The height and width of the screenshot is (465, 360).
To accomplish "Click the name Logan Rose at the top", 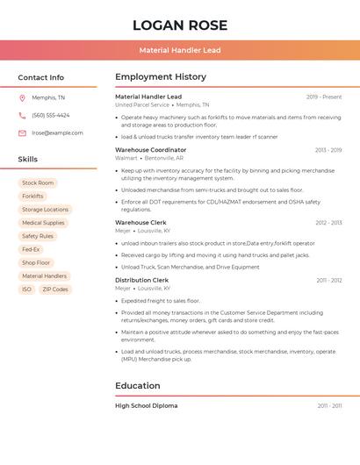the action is coord(180,25).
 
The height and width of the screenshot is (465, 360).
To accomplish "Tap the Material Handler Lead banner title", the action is coord(180,51).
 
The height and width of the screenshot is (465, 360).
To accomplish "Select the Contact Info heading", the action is coord(41,77).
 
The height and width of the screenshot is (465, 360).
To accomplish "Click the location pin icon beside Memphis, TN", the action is coord(22,97).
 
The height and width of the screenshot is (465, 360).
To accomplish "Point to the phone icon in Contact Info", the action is coord(22,115).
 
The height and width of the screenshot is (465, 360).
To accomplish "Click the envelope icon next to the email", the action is coord(22,133).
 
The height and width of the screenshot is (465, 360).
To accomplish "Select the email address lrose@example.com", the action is coord(57,133).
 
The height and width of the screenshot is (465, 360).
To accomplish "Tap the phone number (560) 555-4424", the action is coord(50,115).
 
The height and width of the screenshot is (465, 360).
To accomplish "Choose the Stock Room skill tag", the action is coord(38,182).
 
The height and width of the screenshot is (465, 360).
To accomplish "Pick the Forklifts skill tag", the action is coord(32,197).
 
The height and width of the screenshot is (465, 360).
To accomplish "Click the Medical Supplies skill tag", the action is coord(43,223).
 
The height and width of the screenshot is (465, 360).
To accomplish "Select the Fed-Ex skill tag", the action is coord(31,249).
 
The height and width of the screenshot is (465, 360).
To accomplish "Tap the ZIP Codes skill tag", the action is coord(55,290).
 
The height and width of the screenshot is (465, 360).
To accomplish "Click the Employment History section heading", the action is coord(161,77).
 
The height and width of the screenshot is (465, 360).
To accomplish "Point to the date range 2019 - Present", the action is coord(324,97).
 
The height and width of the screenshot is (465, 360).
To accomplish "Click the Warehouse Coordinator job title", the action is coord(151,150).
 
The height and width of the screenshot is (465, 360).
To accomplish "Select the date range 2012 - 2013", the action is coord(328,223).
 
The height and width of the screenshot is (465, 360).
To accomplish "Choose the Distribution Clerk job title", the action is coord(142,281).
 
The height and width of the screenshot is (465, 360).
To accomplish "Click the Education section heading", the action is coord(138,385).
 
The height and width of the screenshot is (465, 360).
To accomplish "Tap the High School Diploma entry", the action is coord(147,406).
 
